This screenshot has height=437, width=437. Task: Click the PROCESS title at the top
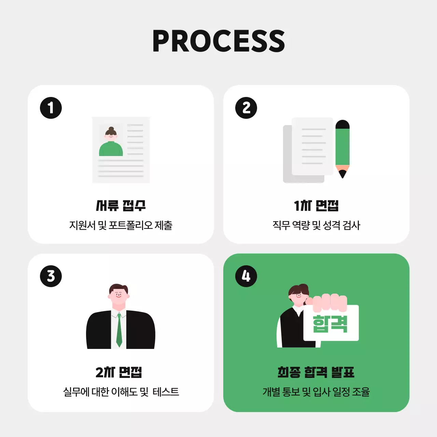pyautogui.click(x=218, y=41)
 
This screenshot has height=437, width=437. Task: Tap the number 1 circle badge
pyautogui.click(x=51, y=108)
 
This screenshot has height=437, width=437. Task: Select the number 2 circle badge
pyautogui.click(x=246, y=108)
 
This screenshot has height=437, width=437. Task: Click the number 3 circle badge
pyautogui.click(x=51, y=276)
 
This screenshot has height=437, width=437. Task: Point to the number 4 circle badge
pyautogui.click(x=246, y=276)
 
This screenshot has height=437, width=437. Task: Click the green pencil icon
pyautogui.click(x=342, y=147)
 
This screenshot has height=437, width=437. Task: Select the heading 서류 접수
pyautogui.click(x=121, y=206)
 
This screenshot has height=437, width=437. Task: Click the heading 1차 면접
pyautogui.click(x=316, y=206)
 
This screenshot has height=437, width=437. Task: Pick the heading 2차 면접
pyautogui.click(x=119, y=372)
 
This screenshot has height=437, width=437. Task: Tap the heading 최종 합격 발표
pyautogui.click(x=316, y=372)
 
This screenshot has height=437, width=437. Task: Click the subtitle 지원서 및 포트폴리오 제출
pyautogui.click(x=121, y=225)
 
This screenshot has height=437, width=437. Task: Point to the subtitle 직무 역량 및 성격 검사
pyautogui.click(x=316, y=225)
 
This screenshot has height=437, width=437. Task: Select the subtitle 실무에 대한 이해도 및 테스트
pyautogui.click(x=121, y=392)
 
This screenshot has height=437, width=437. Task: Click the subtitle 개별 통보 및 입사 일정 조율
pyautogui.click(x=316, y=392)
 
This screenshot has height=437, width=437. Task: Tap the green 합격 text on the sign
pyautogui.click(x=330, y=324)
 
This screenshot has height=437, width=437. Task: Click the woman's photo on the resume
pyautogui.click(x=111, y=141)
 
